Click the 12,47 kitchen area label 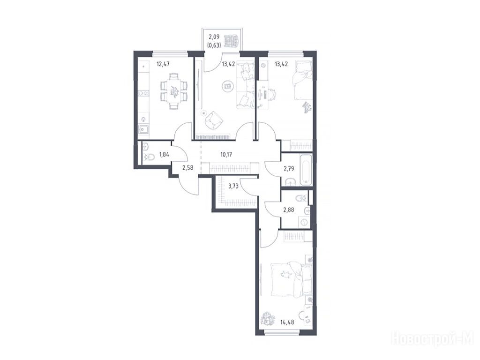tap(163, 64)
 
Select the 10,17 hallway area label tap(226, 155)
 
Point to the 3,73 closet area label tap(233, 185)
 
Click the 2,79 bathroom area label tap(289, 168)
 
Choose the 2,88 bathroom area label tap(289, 210)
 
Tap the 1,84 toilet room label tap(165, 155)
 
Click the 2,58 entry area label tap(187, 168)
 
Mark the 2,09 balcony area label tap(214, 37)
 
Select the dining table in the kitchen tap(173, 90)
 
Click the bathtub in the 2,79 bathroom tap(306, 170)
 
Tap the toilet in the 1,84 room tap(150, 158)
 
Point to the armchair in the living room tap(213, 120)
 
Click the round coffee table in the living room tap(227, 86)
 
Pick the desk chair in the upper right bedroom tap(272, 94)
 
